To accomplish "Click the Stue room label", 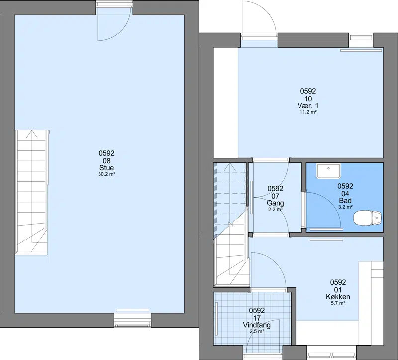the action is [x=106, y=168].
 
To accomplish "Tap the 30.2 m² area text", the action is [x=107, y=174].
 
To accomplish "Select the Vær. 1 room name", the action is [x=308, y=106].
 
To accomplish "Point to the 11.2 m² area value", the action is [x=308, y=112].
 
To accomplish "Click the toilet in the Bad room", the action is [x=368, y=218].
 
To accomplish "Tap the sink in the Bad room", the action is [x=328, y=171].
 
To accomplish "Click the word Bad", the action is [x=345, y=201].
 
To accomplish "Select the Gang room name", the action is [x=275, y=203].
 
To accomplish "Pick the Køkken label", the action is [x=338, y=296].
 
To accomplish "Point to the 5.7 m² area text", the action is [x=338, y=303].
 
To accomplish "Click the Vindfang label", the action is [x=257, y=325].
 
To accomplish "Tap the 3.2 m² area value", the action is [x=345, y=207].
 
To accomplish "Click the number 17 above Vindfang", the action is [x=257, y=318].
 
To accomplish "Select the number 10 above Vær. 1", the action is [x=308, y=98].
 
